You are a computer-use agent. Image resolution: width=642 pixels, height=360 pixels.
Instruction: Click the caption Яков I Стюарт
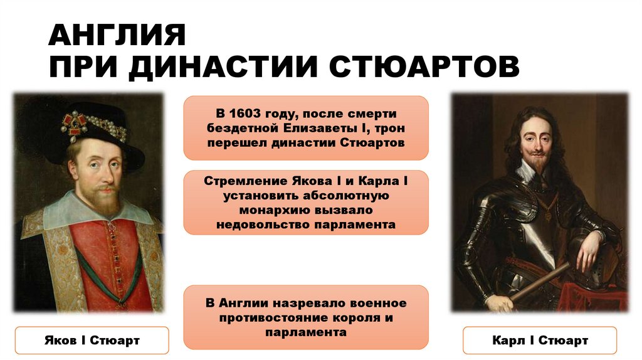92,341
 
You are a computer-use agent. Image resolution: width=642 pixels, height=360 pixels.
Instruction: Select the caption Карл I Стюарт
540,341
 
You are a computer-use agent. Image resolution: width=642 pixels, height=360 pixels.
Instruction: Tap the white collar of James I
88,213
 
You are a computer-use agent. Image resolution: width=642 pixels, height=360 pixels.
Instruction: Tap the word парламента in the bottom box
306,332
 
